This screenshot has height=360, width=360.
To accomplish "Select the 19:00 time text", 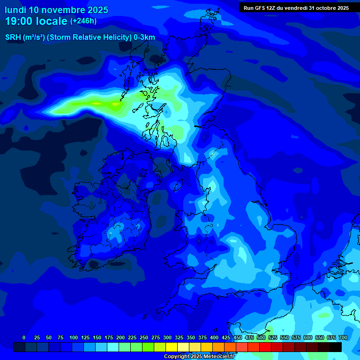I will pyautogui.click(x=19, y=21).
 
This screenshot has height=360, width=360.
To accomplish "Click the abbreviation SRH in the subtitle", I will pyautogui.click(x=12, y=37).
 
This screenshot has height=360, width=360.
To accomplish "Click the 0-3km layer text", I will pyautogui.click(x=144, y=37).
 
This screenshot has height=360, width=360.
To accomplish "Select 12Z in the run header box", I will pyautogui.click(x=271, y=8).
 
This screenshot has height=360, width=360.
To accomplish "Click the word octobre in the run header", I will pyautogui.click(x=326, y=8).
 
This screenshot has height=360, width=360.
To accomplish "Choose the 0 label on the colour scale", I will pyautogui.click(x=24, y=337).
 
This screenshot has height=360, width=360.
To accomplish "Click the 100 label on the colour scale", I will pyautogui.click(x=74, y=337).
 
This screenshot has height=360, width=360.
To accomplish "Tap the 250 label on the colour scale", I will pyautogui.click(x=144, y=337).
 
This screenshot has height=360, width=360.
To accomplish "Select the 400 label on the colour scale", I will pyautogui.click(x=214, y=337).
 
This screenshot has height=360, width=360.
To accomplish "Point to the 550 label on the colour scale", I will pyautogui.click(x=285, y=337).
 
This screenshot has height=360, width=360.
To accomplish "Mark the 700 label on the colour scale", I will pyautogui.click(x=343, y=337).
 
